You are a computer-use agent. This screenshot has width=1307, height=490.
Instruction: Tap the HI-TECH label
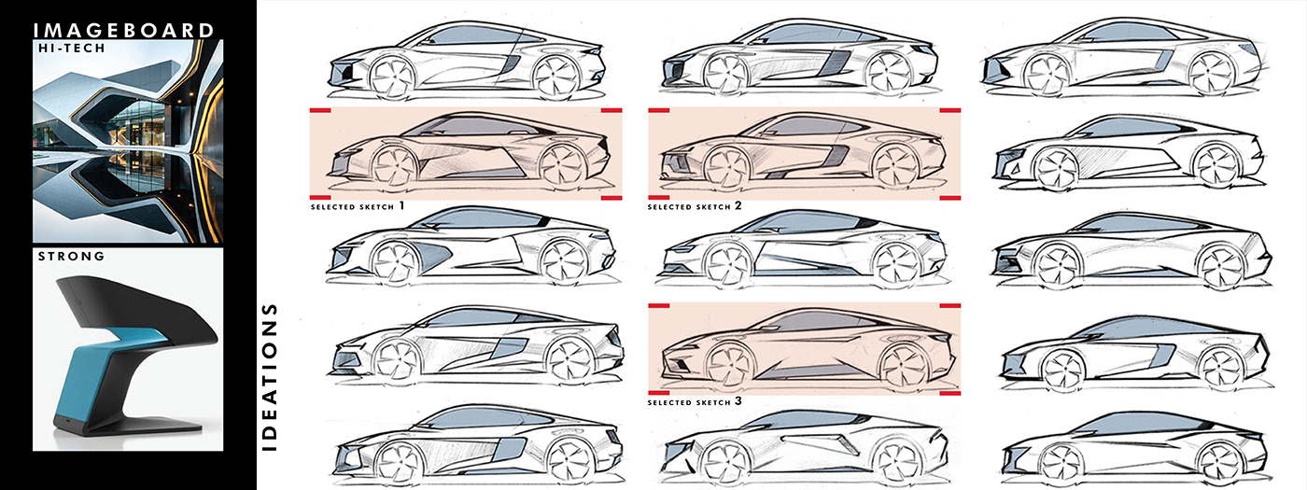coord(70,55)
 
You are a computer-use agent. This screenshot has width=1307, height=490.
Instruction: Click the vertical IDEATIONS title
coord(271,375)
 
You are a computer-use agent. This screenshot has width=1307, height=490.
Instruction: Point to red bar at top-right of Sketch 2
coord(950,111)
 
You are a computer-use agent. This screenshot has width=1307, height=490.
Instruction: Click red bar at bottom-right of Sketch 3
coord(950,394)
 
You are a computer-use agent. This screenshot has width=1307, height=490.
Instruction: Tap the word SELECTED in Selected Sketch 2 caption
coord(674,205)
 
